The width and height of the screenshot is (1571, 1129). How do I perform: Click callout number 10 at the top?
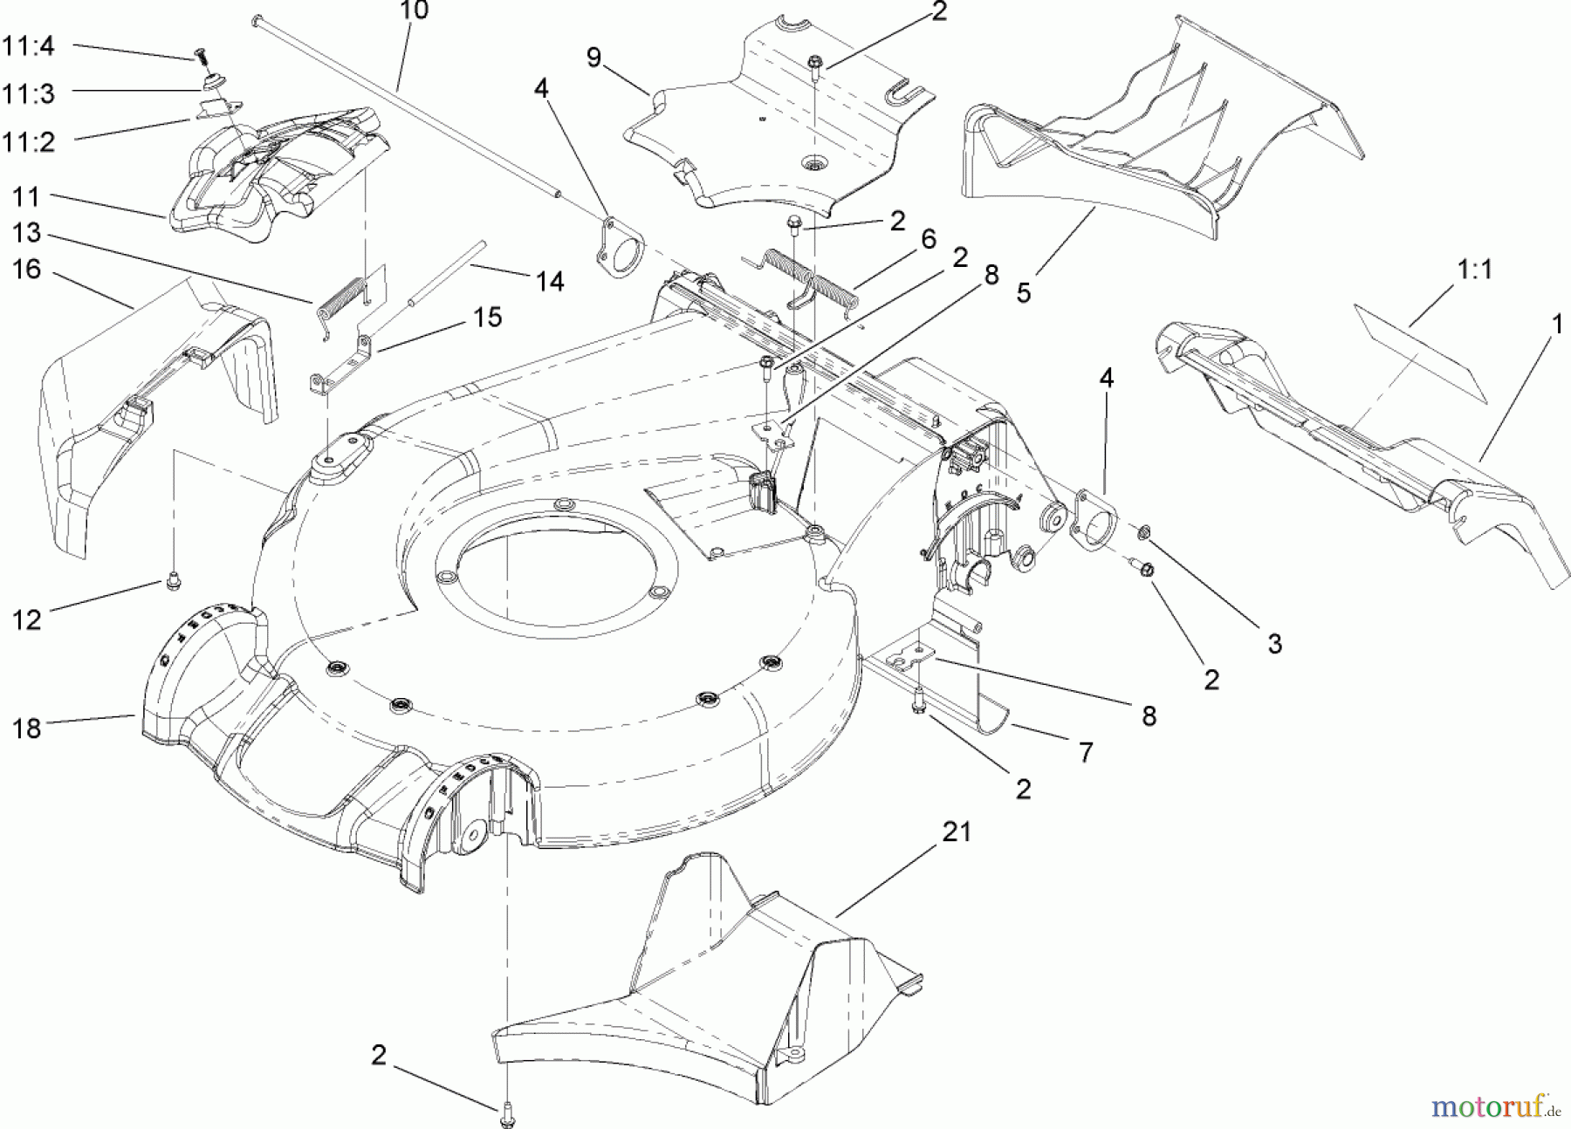(x=415, y=11)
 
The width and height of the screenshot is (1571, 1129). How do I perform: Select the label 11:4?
(x=28, y=46)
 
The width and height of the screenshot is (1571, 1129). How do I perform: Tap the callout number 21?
(x=956, y=831)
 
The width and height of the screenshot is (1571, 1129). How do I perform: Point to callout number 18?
(x=27, y=728)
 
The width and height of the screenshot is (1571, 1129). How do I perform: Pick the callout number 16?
(x=27, y=270)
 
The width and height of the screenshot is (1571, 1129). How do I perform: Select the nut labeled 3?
(x=1144, y=531)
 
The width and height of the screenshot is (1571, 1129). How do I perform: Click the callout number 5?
(x=1023, y=292)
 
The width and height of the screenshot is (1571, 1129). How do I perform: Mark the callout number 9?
(x=594, y=58)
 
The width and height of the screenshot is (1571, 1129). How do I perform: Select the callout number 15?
(x=487, y=317)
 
